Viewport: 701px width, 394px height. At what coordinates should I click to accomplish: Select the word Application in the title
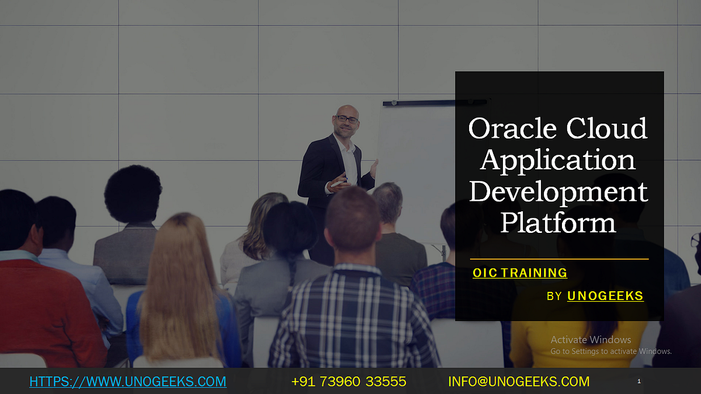(558, 161)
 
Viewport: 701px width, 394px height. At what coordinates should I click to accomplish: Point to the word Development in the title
(558, 192)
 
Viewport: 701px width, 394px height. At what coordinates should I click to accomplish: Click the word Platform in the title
(558, 224)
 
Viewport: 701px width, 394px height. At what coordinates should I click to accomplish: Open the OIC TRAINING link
(520, 273)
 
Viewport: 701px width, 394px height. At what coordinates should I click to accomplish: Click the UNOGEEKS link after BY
(605, 296)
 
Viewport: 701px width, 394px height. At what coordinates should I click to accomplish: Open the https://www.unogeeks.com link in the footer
(127, 382)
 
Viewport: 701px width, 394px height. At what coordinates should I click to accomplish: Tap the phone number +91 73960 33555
(349, 382)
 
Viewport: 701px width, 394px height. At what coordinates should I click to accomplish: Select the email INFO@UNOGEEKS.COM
(519, 382)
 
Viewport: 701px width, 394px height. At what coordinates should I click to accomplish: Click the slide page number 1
(639, 381)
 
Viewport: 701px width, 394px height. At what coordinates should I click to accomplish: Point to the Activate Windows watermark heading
(591, 340)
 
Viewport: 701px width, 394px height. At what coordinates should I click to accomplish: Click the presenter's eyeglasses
(347, 119)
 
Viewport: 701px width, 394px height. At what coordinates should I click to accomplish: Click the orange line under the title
(559, 259)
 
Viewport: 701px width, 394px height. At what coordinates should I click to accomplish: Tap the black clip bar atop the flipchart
(435, 103)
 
